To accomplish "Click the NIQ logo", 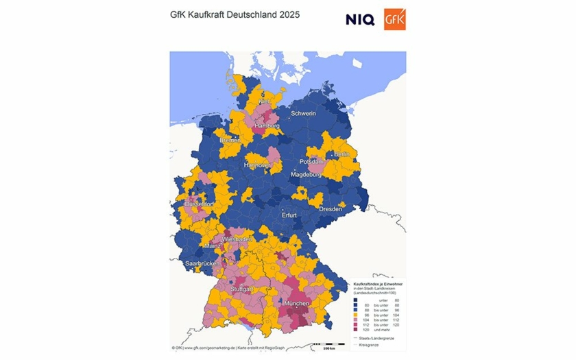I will (x=360, y=19).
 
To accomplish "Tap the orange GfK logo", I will (x=395, y=19).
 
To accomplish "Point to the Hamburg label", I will (x=267, y=126).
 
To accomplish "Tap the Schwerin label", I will (x=303, y=113).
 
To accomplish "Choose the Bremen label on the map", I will (x=230, y=140).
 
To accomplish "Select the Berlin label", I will (x=341, y=155).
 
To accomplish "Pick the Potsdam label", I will (x=311, y=162).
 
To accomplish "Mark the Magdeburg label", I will (x=306, y=175).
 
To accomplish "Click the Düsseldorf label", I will (x=200, y=204).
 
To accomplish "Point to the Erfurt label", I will (x=289, y=215).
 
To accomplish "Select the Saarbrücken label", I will (x=202, y=263).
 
